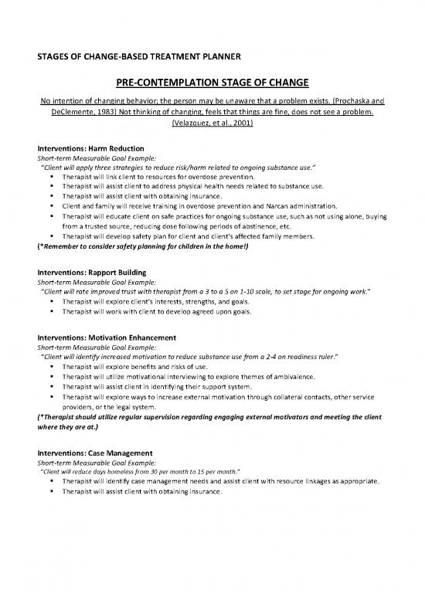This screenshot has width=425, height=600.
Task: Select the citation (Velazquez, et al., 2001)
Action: click(212, 128)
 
